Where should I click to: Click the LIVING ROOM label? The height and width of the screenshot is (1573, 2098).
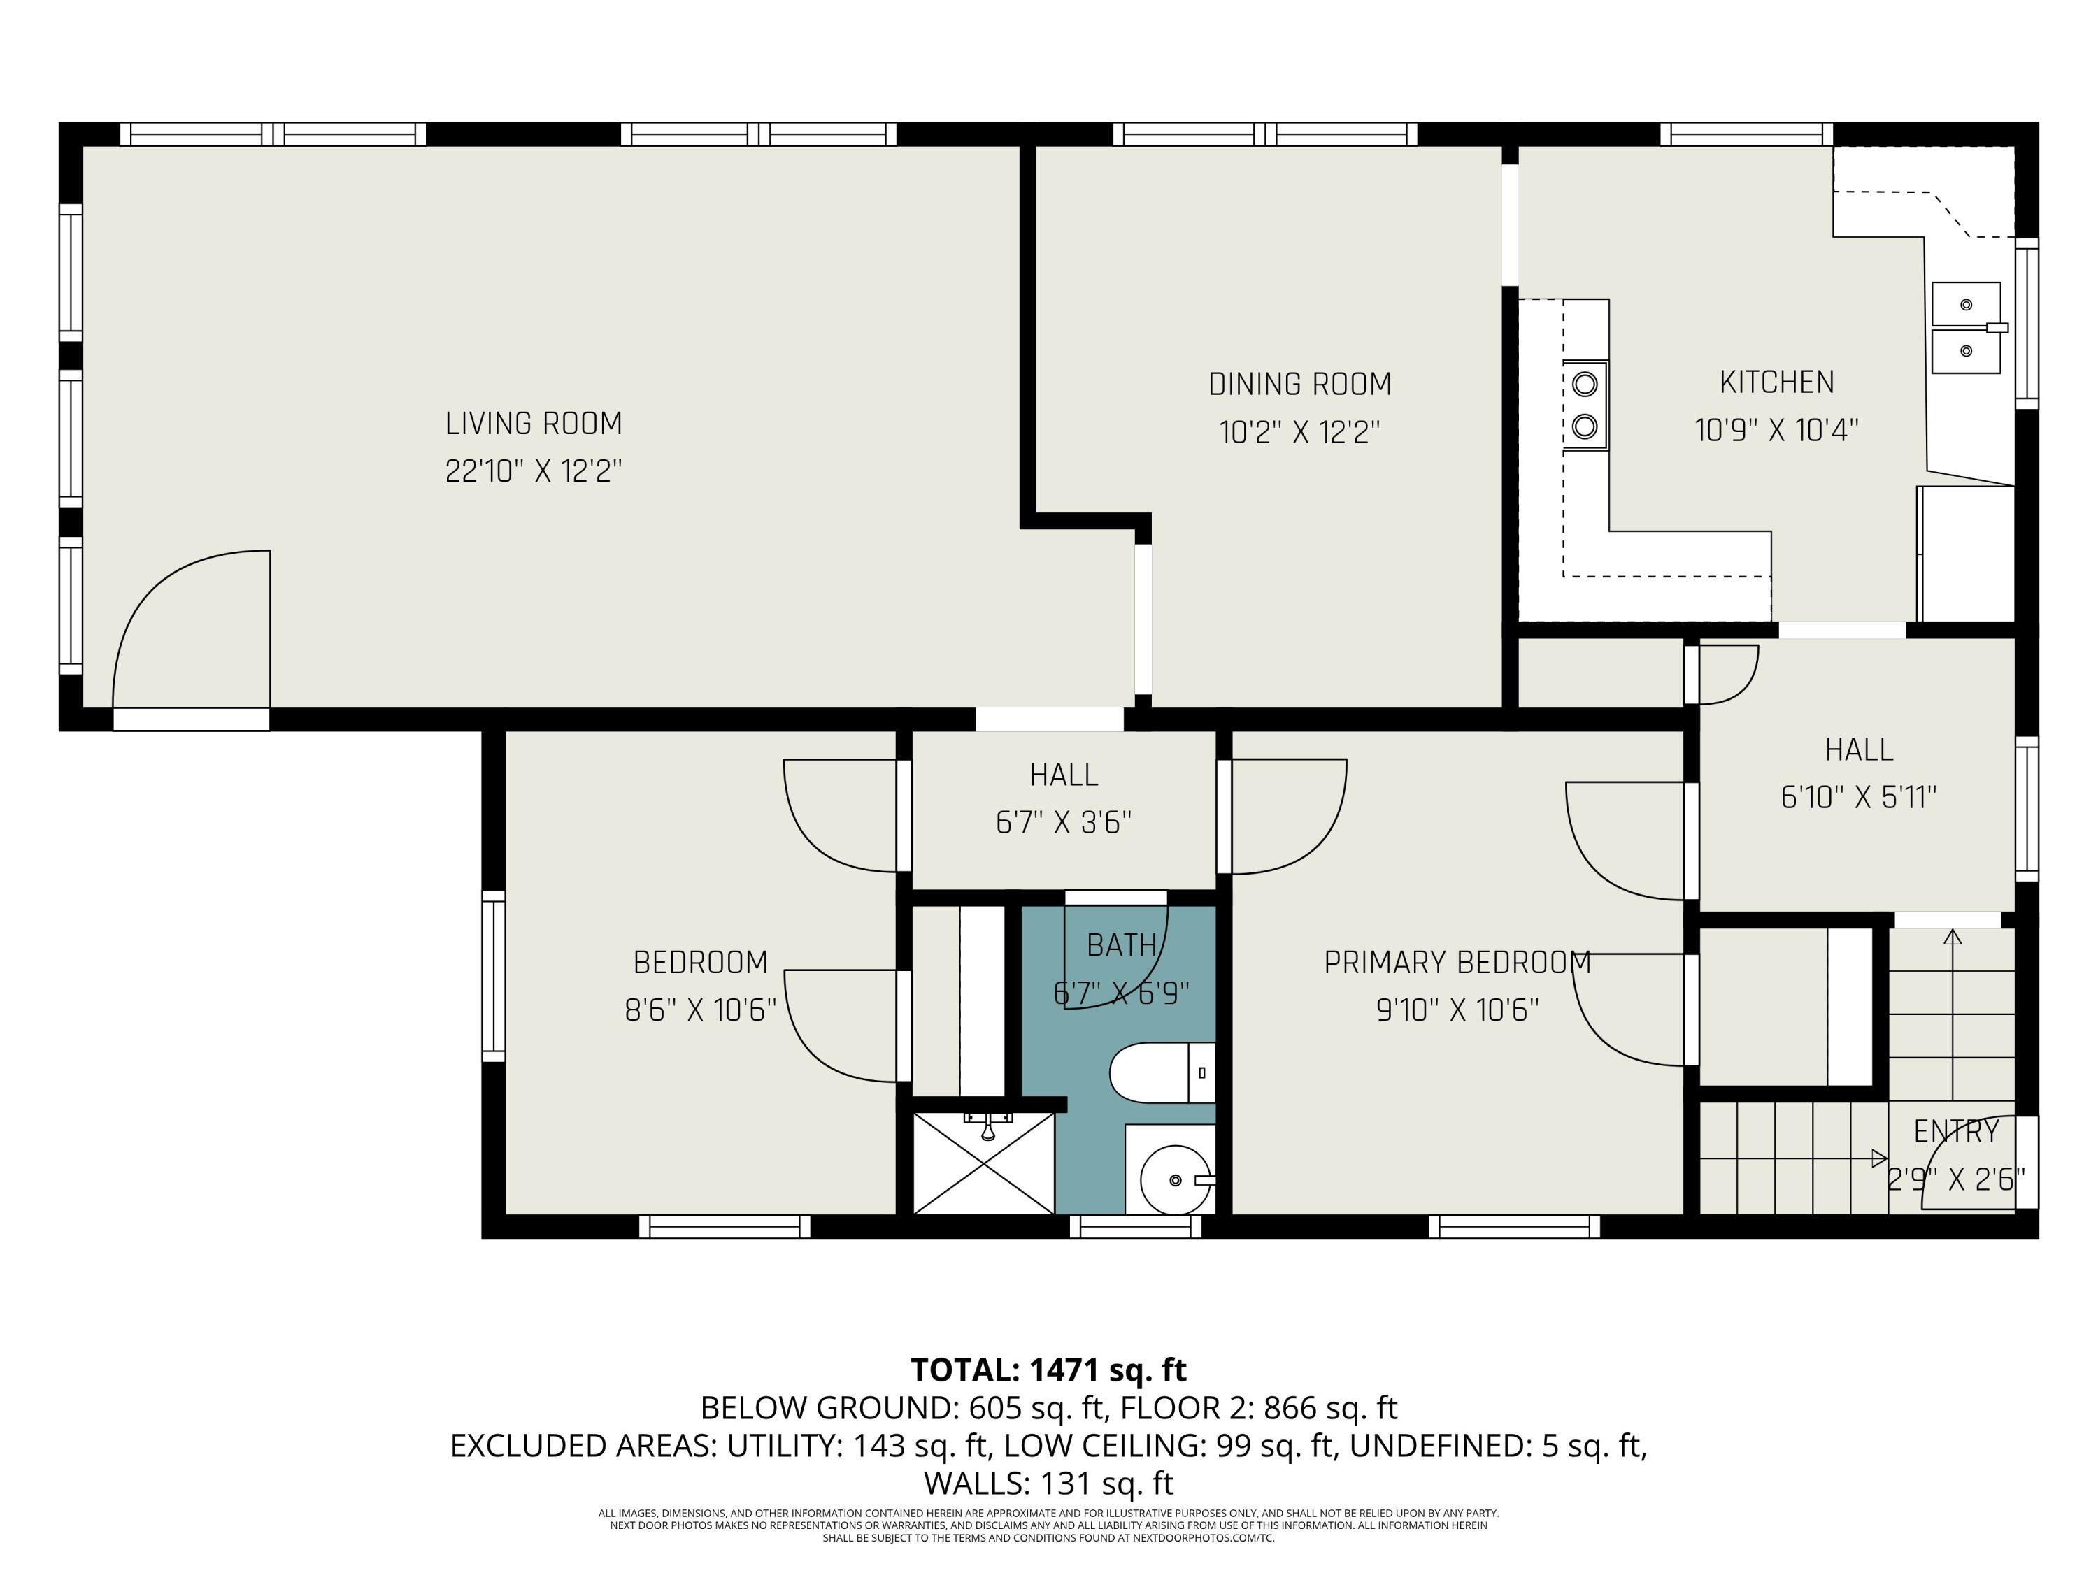click(x=534, y=424)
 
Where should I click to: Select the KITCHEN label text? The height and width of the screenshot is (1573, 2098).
click(x=1776, y=382)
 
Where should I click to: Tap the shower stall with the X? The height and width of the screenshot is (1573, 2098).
click(x=983, y=1163)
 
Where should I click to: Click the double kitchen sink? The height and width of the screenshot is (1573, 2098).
click(x=1966, y=327)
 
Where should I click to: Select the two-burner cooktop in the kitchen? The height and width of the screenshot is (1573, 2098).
click(x=1585, y=405)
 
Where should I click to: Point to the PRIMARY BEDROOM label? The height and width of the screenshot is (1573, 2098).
click(x=1457, y=963)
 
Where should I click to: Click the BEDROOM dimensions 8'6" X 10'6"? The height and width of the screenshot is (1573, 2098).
click(x=700, y=1011)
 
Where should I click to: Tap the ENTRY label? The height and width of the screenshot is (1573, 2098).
click(x=1956, y=1131)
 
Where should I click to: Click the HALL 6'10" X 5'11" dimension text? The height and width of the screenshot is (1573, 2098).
click(x=1858, y=798)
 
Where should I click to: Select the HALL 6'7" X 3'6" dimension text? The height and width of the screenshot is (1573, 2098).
click(x=1063, y=822)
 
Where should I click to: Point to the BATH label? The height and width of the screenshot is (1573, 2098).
click(x=1122, y=945)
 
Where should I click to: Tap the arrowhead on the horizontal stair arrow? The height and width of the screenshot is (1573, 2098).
click(x=1879, y=1158)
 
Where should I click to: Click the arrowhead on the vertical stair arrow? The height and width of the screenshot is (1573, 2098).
click(x=1952, y=937)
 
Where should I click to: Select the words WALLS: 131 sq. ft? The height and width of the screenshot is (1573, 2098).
click(x=1048, y=1483)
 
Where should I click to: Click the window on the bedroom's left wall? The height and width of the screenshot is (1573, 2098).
click(x=493, y=976)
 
